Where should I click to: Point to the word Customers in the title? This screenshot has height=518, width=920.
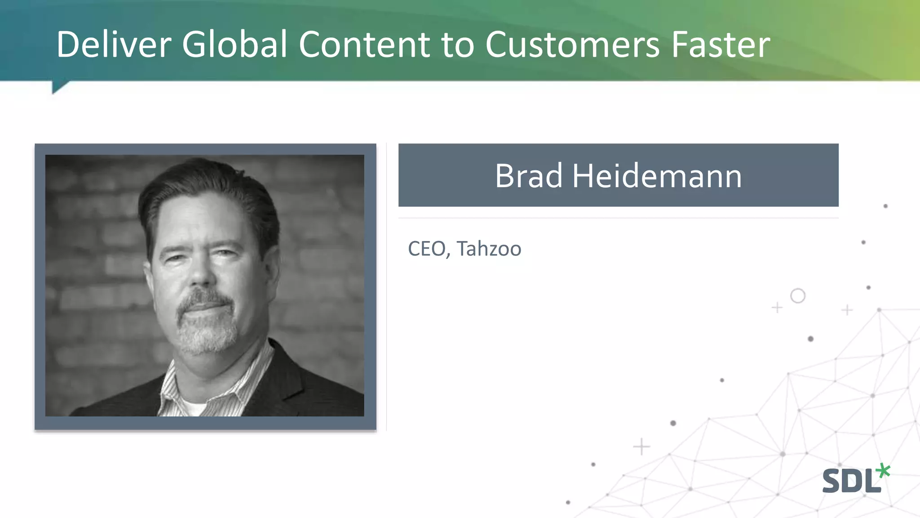(572, 45)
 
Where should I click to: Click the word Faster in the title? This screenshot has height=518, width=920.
(721, 45)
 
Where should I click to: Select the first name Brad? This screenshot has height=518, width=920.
(528, 176)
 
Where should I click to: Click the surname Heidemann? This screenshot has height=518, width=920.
(656, 176)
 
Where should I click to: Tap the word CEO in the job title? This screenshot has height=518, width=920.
(427, 249)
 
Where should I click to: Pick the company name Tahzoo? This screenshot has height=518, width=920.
(489, 249)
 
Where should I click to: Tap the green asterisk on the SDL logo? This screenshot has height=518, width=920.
(883, 470)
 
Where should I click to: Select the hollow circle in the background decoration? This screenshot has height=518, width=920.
(797, 296)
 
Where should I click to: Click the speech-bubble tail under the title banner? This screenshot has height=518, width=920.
(59, 86)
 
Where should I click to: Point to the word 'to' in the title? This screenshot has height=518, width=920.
(457, 45)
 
